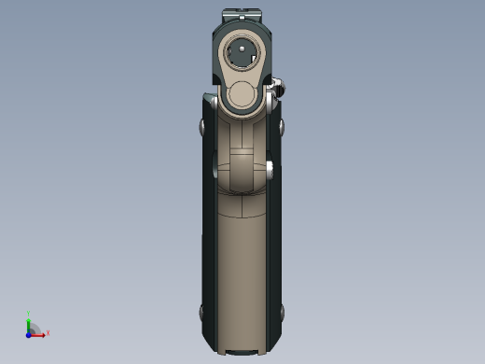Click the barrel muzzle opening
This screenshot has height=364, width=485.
(x=242, y=52)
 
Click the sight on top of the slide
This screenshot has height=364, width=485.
(x=242, y=16)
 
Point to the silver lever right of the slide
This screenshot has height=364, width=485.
(x=277, y=90)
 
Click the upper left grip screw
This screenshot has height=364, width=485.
(x=203, y=126)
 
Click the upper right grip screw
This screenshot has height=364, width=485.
(x=281, y=126)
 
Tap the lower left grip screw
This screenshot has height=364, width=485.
(x=202, y=312)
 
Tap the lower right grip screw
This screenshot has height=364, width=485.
(x=281, y=312)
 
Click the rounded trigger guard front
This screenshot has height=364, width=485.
(x=241, y=172)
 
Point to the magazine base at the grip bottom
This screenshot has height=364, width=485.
(x=242, y=351)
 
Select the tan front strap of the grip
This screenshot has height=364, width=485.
(x=242, y=271)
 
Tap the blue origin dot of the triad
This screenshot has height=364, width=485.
(x=29, y=333)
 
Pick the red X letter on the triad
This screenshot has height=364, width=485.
(x=48, y=332)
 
